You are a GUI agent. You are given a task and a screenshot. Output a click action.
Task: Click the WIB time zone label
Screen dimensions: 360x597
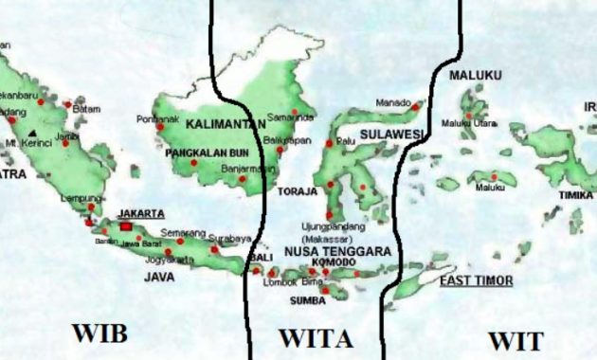click(x=98, y=333)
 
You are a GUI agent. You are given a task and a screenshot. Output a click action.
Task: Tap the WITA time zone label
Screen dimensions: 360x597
click(x=316, y=338)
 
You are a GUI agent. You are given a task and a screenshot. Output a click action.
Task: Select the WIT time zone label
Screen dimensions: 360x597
click(x=516, y=340)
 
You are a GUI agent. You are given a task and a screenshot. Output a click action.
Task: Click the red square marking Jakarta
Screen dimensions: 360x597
click(x=126, y=226)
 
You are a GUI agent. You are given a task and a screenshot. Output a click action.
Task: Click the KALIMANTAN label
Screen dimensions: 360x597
click(x=224, y=124)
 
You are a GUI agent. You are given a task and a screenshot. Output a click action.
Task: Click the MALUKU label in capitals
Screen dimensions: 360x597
click(x=473, y=75)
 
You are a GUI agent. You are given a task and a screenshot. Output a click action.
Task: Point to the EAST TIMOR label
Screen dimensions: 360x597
click(x=477, y=280)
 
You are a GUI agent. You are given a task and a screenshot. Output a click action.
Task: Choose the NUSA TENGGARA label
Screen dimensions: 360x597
click(x=337, y=251)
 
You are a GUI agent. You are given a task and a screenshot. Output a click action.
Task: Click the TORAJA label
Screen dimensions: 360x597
click(x=298, y=191)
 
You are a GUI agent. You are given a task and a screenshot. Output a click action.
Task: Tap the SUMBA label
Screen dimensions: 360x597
click(x=306, y=300)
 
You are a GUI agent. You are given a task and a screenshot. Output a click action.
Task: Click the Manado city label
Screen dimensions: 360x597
click(x=393, y=102)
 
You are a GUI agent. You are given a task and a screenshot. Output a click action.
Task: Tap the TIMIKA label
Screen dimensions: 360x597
click(x=575, y=195)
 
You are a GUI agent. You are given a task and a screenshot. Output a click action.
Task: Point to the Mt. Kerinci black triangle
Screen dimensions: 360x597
click(x=35, y=133)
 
